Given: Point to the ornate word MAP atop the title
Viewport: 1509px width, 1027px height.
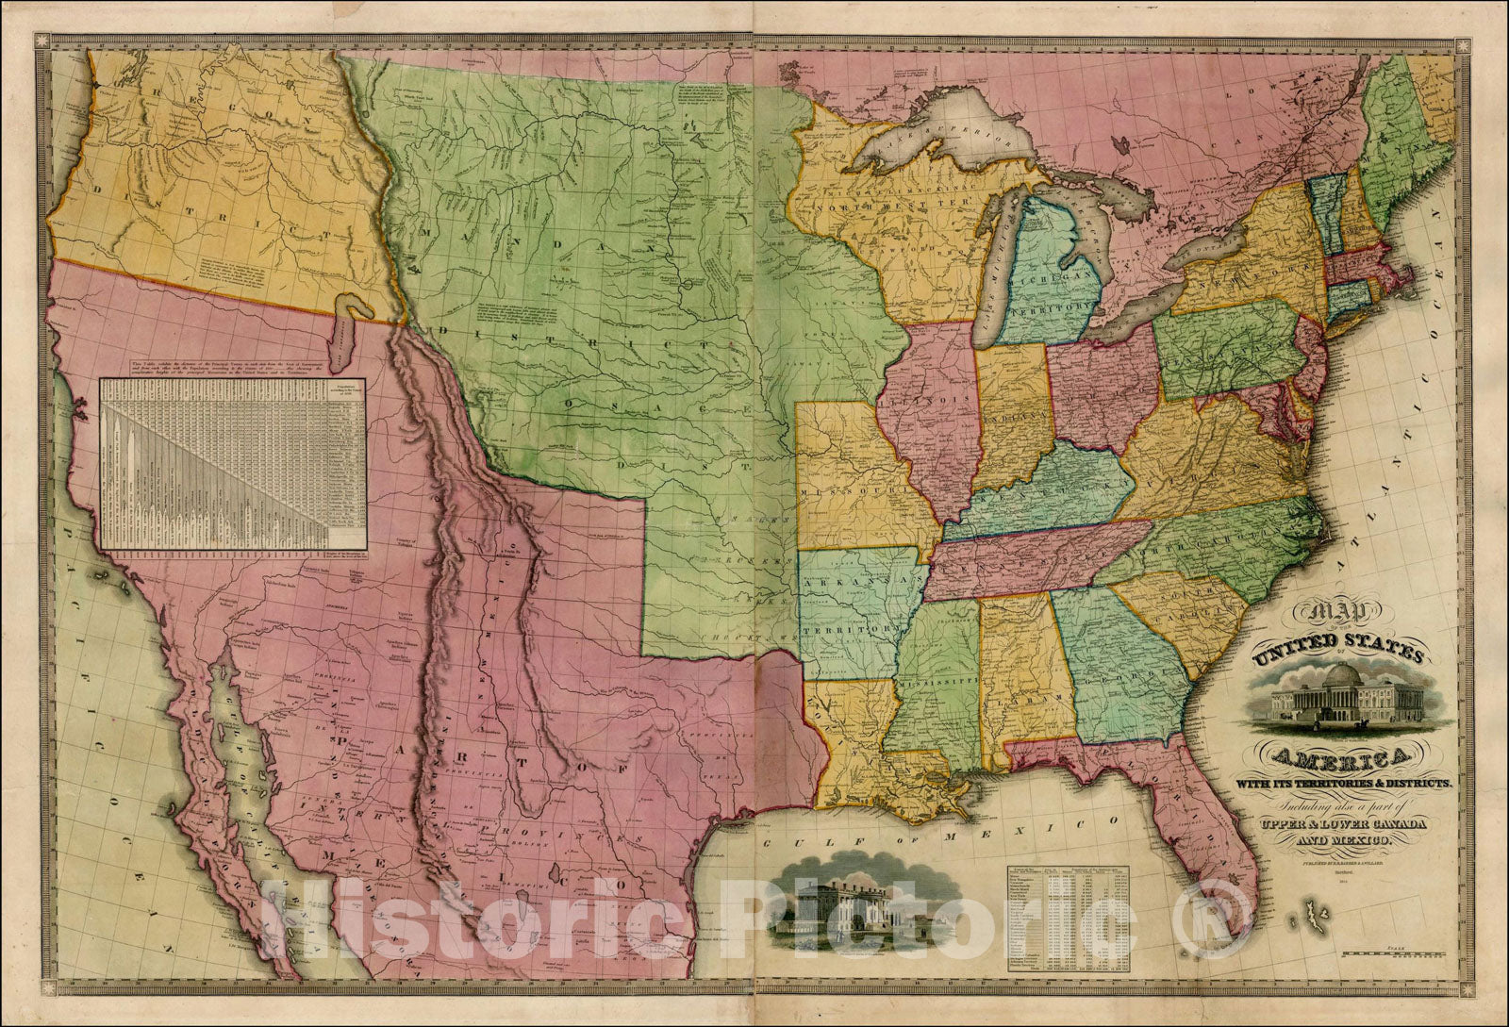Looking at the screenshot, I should [x=1318, y=616].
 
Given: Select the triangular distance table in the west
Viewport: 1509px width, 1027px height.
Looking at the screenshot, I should [x=234, y=462].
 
